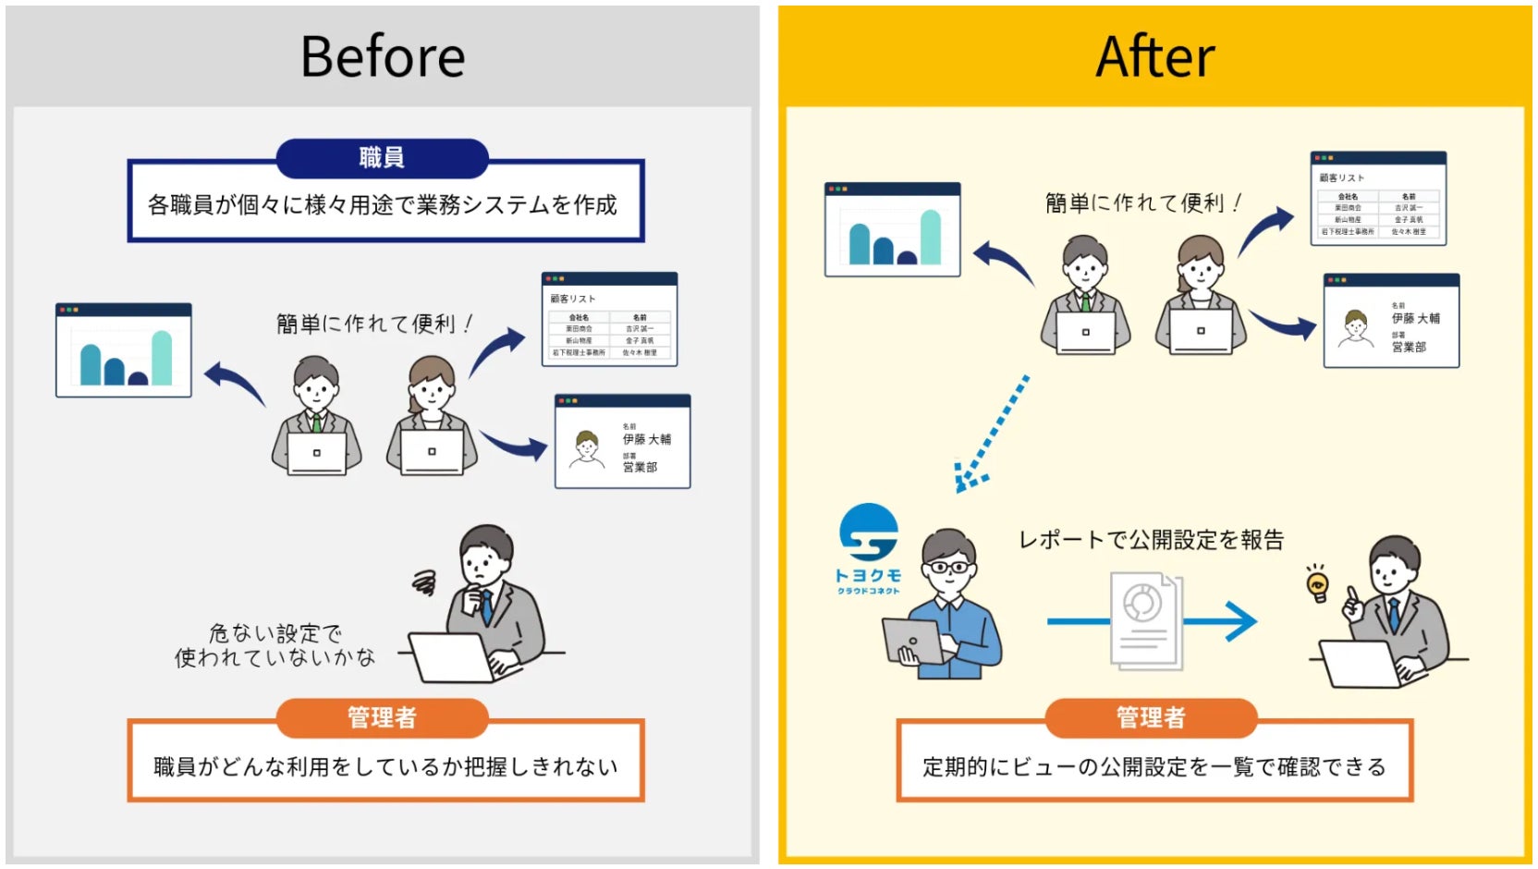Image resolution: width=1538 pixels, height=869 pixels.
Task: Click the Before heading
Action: coord(383,57)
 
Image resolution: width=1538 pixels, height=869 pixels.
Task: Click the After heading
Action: coord(1154,57)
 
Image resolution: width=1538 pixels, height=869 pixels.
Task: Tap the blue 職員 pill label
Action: coord(382,158)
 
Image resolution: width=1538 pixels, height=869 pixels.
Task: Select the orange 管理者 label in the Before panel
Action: coord(382,717)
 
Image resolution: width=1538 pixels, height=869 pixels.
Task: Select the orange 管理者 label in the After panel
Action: coord(1151,717)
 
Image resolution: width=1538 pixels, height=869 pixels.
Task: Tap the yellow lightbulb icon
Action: coord(1317,583)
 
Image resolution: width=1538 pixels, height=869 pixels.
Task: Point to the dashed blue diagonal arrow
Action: coord(993,433)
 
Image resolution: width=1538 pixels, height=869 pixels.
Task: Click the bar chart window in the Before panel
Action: coord(124,350)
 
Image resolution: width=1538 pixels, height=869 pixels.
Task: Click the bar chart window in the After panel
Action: coord(892,230)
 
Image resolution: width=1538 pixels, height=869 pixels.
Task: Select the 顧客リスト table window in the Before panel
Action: coord(609,320)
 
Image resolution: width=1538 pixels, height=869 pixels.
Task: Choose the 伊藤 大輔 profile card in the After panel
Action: coord(1391,321)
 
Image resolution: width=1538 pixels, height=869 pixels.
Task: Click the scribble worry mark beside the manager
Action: coord(424,582)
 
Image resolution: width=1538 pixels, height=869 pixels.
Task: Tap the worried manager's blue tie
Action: coord(485,606)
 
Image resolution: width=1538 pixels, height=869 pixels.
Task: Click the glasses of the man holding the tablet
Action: coord(948,567)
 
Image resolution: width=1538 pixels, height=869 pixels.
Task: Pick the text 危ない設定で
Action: coord(275,633)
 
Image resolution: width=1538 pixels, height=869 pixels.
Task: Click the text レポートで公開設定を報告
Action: coord(1151,540)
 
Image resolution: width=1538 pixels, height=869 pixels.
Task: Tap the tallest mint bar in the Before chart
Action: coord(162,358)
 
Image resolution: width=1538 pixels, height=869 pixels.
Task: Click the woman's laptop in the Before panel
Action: coord(432,452)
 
